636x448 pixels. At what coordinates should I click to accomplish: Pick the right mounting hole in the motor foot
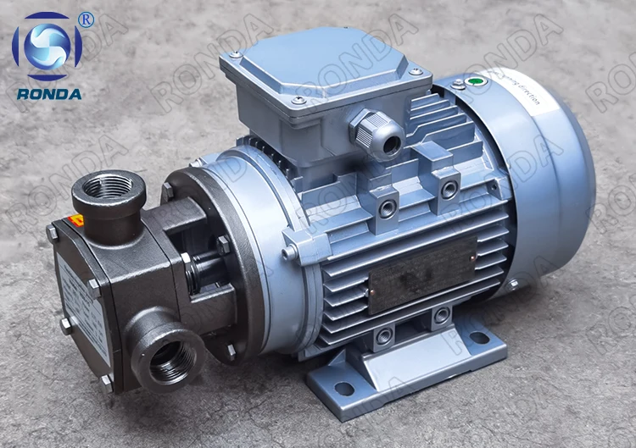480,338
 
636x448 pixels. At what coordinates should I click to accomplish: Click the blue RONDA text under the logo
48,94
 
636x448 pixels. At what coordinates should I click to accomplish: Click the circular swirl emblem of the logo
47,47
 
